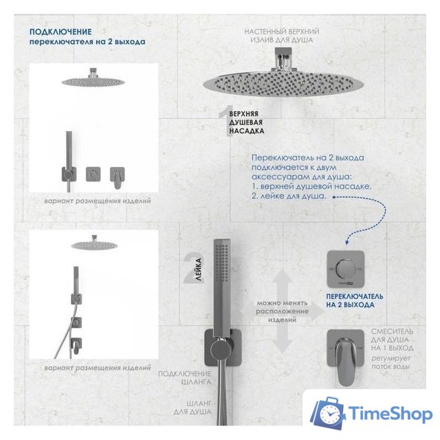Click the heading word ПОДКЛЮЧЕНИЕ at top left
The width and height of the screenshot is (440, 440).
(x=60, y=32)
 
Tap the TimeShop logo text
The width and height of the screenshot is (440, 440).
(x=390, y=414)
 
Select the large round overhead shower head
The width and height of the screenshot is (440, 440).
(x=283, y=84)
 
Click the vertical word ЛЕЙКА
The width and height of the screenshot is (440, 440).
(x=198, y=269)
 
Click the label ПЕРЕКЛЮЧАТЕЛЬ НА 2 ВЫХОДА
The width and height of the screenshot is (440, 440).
(x=354, y=300)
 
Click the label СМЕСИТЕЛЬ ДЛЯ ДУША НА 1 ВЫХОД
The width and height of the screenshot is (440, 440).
(x=392, y=340)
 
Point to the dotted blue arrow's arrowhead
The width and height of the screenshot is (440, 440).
(x=347, y=242)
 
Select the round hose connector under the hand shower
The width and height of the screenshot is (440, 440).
(x=221, y=350)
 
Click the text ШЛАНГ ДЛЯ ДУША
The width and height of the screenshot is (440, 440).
(x=192, y=408)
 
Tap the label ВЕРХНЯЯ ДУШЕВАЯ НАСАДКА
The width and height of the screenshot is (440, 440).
(x=246, y=122)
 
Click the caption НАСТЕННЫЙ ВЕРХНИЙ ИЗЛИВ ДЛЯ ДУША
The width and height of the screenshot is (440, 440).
(x=282, y=36)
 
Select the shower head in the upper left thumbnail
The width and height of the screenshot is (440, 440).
(x=93, y=80)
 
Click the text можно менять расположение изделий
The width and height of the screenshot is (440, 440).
(x=282, y=311)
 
